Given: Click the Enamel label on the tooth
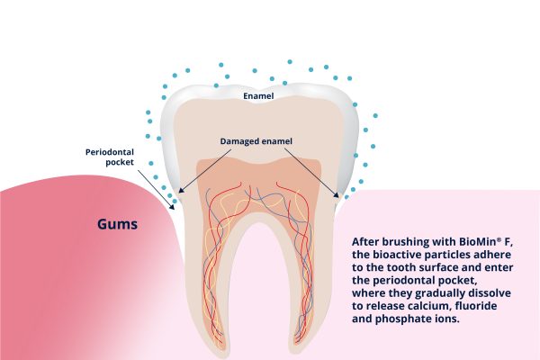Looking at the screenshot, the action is pyautogui.click(x=258, y=96).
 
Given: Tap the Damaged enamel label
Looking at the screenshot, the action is pyautogui.click(x=256, y=141).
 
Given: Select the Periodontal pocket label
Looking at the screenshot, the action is pyautogui.click(x=110, y=157).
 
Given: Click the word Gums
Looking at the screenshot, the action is pyautogui.click(x=117, y=224).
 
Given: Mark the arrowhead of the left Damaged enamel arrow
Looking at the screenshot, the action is pyautogui.click(x=182, y=190).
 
